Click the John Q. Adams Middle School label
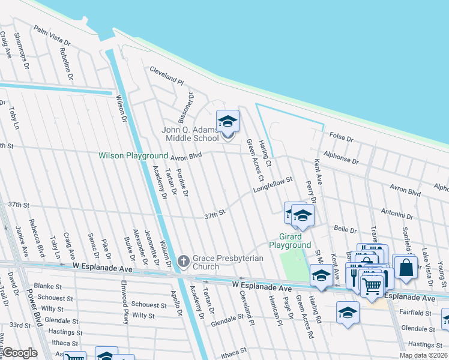point(191,134)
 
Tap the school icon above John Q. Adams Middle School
point(228,122)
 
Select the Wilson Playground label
point(133,156)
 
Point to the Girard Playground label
point(289,241)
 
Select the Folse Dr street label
point(342,137)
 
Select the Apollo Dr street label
point(176,304)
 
